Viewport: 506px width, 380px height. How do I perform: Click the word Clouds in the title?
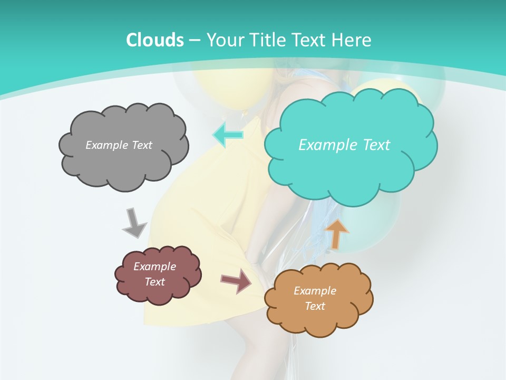click(154, 40)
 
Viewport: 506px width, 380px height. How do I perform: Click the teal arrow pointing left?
click(228, 135)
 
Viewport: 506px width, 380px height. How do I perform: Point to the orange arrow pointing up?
click(336, 233)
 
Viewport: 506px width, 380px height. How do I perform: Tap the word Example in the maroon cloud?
click(154, 267)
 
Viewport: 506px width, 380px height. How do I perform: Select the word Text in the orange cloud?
click(315, 306)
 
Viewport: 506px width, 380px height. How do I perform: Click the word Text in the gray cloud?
click(142, 145)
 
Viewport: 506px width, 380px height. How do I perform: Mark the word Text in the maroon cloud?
click(154, 282)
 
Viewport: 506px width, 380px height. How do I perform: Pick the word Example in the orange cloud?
click(315, 291)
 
